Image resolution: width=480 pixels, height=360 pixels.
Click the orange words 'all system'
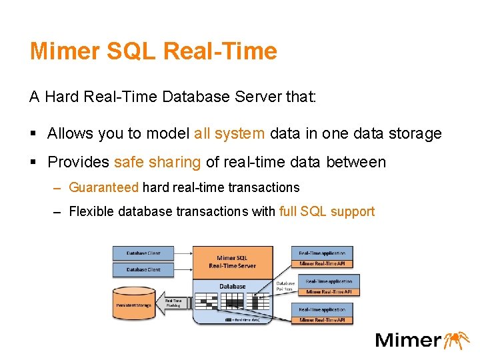(x=229, y=133)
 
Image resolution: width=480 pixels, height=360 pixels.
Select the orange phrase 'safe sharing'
(x=157, y=162)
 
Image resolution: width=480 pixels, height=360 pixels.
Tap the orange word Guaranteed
(x=104, y=188)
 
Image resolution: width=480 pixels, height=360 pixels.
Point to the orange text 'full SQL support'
(x=327, y=212)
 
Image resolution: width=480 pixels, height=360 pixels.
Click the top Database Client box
(x=143, y=253)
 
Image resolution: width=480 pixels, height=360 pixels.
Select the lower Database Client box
(x=143, y=269)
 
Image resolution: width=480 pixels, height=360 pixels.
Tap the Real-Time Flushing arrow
(x=173, y=303)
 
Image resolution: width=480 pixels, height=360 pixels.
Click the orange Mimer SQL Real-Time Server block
(x=231, y=261)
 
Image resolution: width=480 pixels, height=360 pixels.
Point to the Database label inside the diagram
(x=232, y=286)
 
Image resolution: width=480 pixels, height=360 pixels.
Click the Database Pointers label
(x=285, y=287)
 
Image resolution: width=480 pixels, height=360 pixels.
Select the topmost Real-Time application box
(x=321, y=253)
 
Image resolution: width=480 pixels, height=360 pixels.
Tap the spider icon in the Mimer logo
(x=457, y=339)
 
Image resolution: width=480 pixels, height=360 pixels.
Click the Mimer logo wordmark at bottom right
(x=407, y=340)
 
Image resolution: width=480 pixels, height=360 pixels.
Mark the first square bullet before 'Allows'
(x=33, y=133)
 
